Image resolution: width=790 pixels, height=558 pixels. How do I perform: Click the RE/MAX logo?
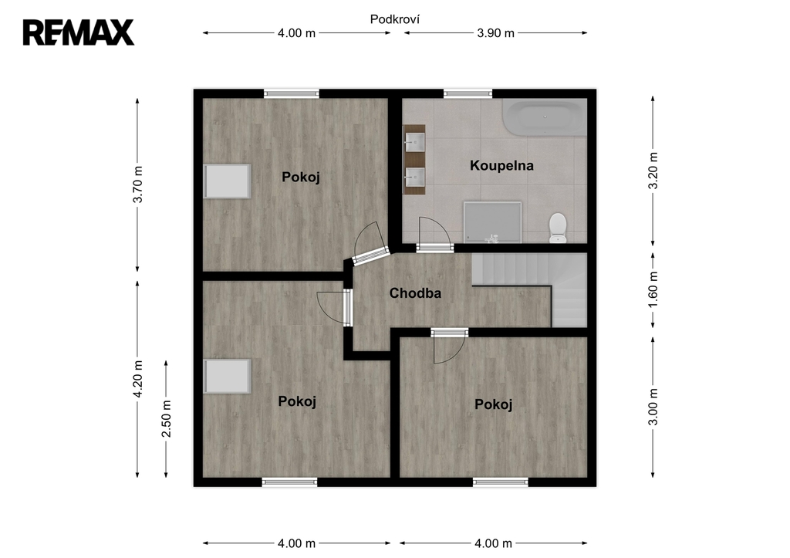(79, 32)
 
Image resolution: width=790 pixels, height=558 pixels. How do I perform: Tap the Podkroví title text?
(395, 19)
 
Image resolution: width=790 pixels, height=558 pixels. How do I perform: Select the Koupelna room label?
(501, 165)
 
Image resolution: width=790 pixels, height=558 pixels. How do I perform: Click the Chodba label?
(415, 293)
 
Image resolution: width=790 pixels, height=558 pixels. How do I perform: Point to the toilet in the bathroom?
(558, 228)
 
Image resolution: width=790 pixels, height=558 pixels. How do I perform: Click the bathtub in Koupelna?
(545, 117)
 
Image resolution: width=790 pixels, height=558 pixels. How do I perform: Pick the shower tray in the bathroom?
(492, 222)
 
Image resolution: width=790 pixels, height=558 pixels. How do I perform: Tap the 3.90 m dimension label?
(496, 33)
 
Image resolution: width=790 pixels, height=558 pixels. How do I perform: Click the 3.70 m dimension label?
(137, 184)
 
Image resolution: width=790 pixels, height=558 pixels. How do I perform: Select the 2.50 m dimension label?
(167, 419)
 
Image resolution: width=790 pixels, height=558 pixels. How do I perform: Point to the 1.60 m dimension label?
(653, 290)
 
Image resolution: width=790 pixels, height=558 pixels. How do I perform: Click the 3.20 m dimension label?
(653, 171)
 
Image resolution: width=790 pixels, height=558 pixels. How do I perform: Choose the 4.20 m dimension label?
(137, 378)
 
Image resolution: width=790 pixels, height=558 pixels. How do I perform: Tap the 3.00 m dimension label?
(653, 407)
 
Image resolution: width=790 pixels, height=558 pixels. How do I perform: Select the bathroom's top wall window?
(468, 93)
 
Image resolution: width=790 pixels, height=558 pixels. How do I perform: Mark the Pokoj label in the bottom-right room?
(493, 404)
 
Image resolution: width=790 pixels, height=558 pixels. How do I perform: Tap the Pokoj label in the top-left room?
(301, 178)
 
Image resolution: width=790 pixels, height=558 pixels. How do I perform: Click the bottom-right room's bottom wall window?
(500, 482)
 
